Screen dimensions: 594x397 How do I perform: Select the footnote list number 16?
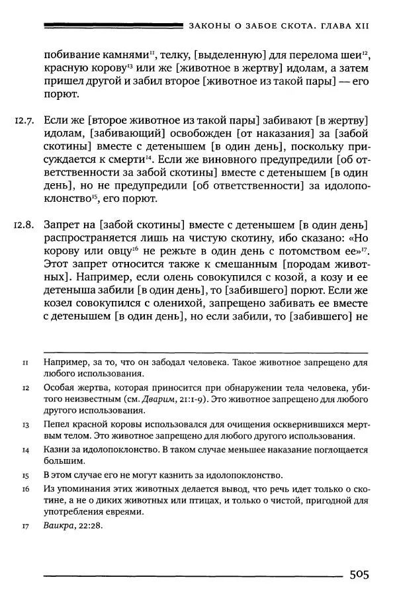pyautogui.click(x=24, y=488)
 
